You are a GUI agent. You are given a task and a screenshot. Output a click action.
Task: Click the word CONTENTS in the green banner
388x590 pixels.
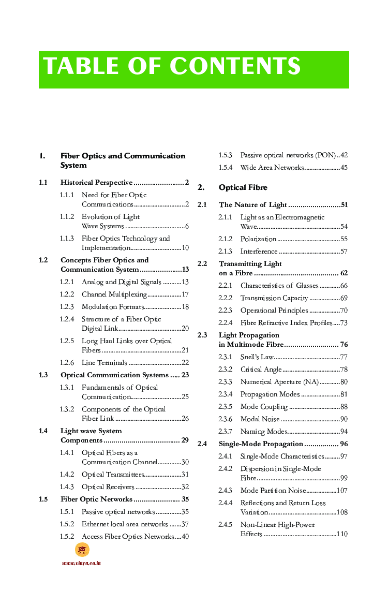pos(235,67)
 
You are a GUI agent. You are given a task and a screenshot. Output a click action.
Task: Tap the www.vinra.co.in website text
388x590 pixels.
pos(81,563)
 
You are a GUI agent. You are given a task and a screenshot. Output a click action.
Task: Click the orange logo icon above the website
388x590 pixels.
pos(82,550)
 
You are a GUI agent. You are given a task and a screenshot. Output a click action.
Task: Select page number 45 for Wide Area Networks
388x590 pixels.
pos(344,168)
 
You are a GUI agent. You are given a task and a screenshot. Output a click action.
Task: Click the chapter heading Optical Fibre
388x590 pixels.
pos(243,187)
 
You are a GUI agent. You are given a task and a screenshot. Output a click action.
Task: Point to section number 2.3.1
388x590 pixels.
pos(226,357)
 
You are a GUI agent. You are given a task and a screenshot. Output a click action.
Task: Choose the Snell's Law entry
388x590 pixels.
pos(257,357)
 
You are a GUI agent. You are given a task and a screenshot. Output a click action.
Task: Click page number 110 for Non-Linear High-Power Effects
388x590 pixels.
pos(342,534)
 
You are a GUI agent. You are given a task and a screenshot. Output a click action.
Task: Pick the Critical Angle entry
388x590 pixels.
pos(261,369)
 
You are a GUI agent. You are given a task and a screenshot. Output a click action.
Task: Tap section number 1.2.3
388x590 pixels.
pos(67,307)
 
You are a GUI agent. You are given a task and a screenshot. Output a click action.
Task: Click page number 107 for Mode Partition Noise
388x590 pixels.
pos(342,490)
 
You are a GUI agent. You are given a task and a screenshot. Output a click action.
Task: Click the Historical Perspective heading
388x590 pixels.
pos(97,183)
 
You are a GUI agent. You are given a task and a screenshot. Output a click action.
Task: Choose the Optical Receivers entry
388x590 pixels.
pos(108,487)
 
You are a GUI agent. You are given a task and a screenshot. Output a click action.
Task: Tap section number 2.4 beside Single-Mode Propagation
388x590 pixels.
pos(202,444)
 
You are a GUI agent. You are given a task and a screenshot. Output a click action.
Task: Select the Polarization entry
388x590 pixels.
pos(258,239)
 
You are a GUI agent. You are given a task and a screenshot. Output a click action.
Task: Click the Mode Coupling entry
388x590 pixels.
pos(264,406)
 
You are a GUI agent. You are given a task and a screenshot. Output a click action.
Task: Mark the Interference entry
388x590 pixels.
pos(259,252)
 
